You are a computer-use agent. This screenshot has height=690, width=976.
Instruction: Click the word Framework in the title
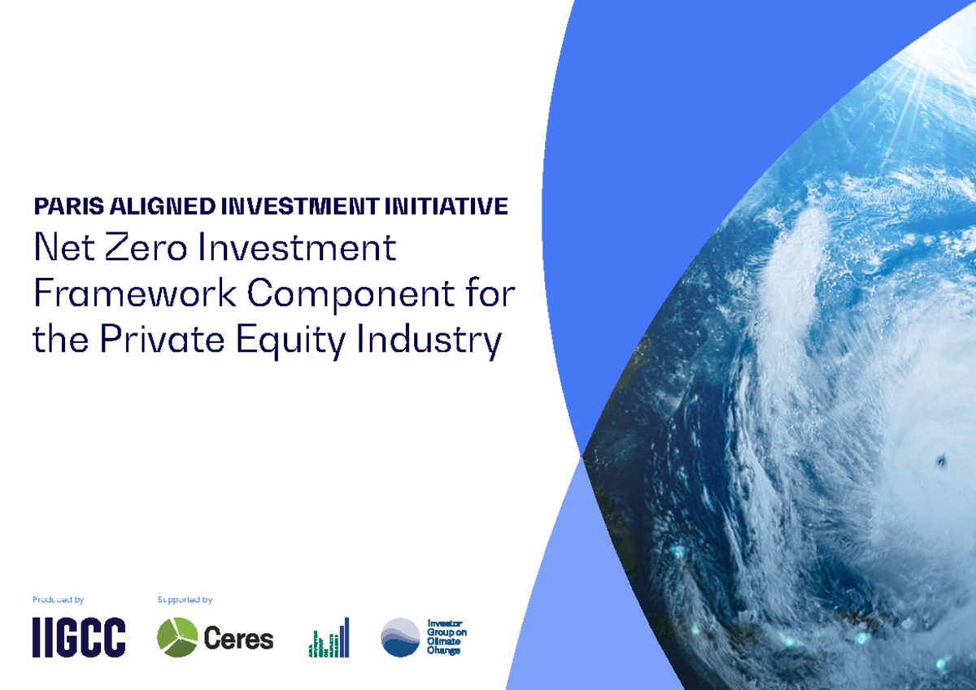[135, 293]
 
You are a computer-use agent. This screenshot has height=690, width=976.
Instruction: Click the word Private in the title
[162, 340]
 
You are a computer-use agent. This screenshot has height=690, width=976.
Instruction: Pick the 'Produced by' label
[58, 600]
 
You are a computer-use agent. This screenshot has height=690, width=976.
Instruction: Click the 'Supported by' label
[185, 600]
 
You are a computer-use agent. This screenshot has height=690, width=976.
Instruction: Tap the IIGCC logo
[79, 637]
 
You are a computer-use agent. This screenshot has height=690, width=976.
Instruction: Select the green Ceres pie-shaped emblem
[177, 637]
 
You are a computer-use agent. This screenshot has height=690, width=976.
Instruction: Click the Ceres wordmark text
[238, 639]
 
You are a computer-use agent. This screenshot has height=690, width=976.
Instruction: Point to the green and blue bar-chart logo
[329, 638]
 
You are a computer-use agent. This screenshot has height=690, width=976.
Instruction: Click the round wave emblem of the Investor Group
[400, 637]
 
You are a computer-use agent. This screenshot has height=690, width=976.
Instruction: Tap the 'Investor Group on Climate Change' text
[447, 637]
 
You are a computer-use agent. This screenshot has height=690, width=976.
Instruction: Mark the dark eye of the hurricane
[941, 461]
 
